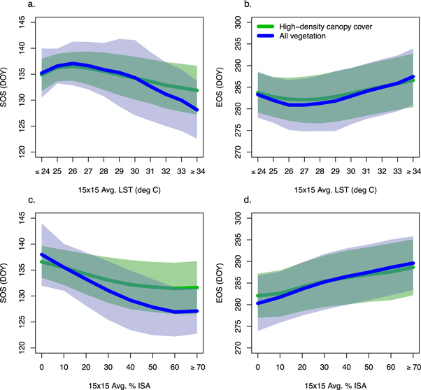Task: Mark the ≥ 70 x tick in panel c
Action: [x=197, y=366]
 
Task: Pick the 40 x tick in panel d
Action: [x=345, y=366]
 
